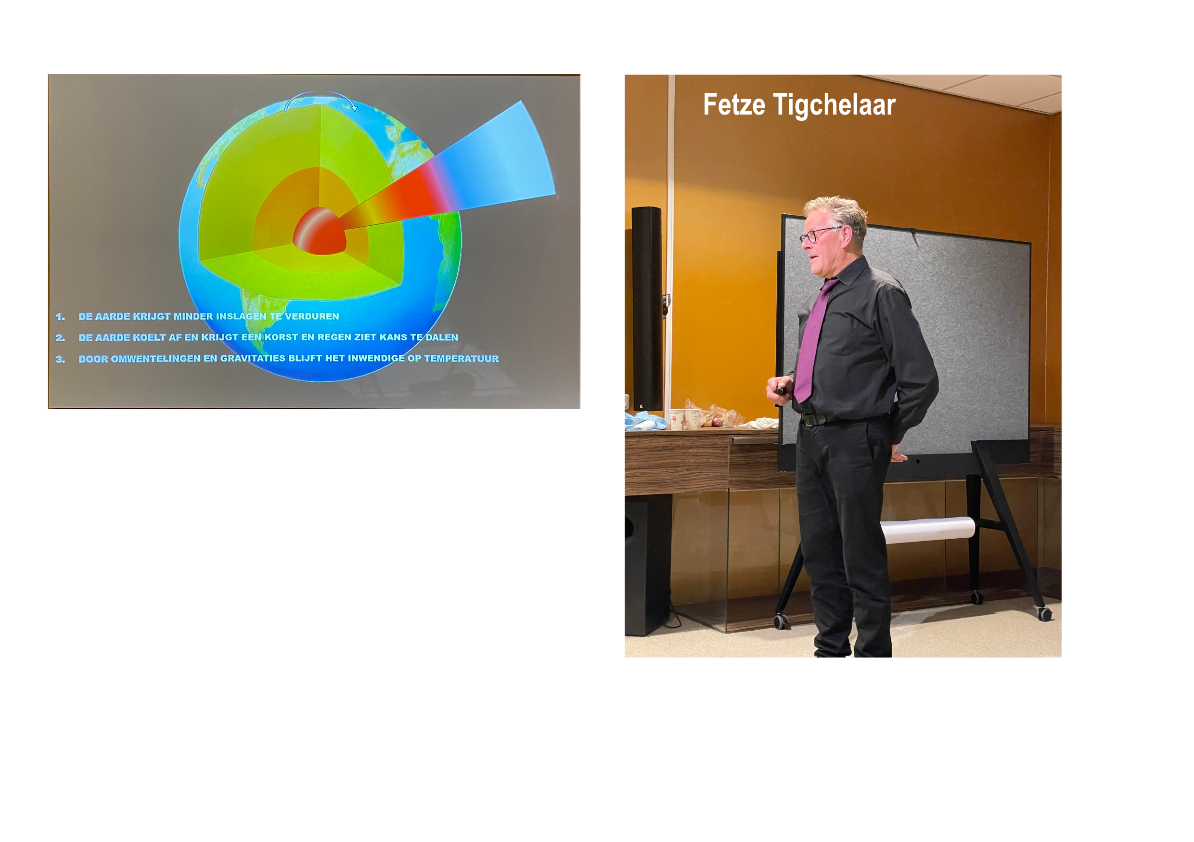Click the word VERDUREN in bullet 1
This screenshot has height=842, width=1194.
coord(311,316)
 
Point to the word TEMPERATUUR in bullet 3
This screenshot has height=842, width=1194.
coord(461,358)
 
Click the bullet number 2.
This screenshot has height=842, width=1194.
coord(60,337)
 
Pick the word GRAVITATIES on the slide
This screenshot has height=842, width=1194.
coord(253,358)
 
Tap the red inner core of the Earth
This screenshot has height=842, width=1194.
coord(319,231)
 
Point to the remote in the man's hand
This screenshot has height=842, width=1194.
coord(782,389)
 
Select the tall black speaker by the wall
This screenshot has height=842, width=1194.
coord(647,309)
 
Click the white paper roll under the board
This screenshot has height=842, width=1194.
coord(928,530)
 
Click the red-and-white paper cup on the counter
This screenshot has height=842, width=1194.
coord(676,419)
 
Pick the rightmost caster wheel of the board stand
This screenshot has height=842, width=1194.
coord(1044,614)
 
